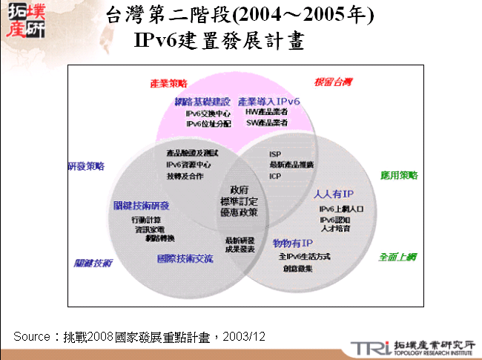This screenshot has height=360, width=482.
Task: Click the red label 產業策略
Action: [x=168, y=83]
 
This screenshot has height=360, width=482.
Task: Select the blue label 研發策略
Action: [x=86, y=166]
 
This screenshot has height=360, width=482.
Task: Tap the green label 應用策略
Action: [x=399, y=176]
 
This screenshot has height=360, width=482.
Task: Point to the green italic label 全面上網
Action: [x=397, y=257]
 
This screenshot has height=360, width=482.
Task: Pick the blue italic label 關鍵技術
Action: [x=93, y=263]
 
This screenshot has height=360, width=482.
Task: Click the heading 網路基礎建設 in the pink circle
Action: [x=202, y=101]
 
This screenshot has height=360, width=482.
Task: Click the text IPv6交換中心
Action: [x=208, y=114]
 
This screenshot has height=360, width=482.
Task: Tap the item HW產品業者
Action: [x=267, y=112]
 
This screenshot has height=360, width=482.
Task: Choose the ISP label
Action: [x=275, y=154]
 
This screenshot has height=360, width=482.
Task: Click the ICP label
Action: [x=275, y=177]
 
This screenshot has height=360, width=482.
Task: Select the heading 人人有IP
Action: [x=334, y=194]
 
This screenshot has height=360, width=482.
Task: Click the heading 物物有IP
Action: [x=293, y=244]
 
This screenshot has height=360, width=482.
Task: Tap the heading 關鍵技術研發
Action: [x=142, y=206]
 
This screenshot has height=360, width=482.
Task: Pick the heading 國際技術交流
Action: [x=185, y=259]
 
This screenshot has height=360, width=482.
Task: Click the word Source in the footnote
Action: [x=31, y=337]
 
